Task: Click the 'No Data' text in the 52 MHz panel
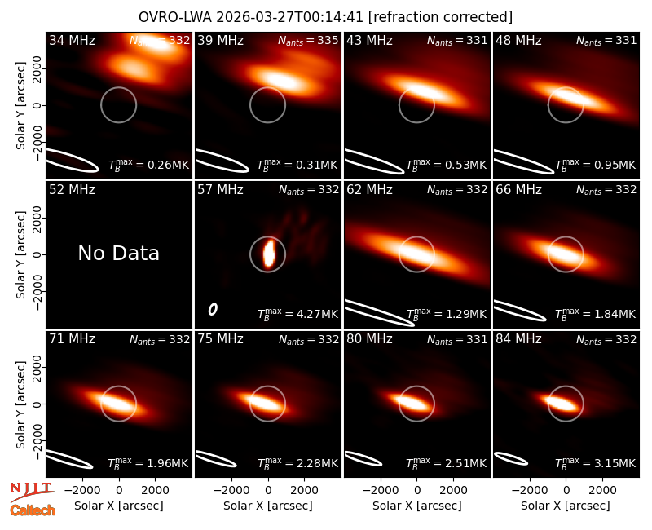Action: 118,253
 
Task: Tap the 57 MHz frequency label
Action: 220,190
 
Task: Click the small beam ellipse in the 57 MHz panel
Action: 213,309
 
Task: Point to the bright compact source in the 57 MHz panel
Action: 269,254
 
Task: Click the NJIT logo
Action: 32,492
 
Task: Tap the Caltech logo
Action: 33,510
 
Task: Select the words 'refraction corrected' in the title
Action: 440,17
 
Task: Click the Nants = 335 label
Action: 308,40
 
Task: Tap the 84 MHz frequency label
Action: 518,339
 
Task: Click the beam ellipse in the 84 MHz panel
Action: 511,458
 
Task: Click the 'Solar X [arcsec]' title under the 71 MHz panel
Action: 119,506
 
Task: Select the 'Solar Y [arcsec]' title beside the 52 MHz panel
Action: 20,254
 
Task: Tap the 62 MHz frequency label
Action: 370,190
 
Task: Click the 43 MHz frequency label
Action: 370,40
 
